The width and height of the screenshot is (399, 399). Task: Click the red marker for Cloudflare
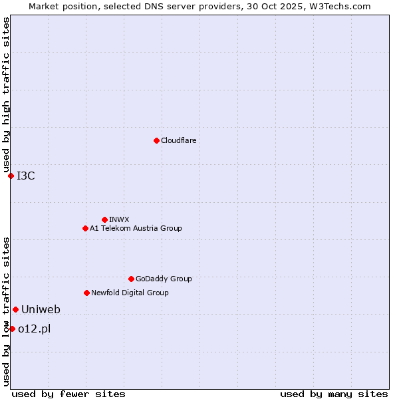(x=156, y=140)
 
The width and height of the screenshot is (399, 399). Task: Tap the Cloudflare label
(x=179, y=140)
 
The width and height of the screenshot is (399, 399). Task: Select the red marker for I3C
(x=11, y=176)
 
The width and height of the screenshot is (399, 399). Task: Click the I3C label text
(x=26, y=176)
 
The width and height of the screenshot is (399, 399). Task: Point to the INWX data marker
(x=104, y=219)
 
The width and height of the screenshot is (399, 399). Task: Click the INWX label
(x=119, y=219)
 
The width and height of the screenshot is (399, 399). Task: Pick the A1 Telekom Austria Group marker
(x=85, y=228)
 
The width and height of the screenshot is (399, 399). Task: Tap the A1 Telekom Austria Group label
(x=136, y=228)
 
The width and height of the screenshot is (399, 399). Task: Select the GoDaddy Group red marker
(x=131, y=279)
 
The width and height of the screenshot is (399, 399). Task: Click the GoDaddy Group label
(x=164, y=279)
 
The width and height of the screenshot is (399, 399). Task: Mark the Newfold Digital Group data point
(x=86, y=293)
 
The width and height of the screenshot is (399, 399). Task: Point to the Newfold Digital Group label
(x=130, y=293)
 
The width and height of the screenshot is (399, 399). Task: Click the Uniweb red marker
(x=15, y=309)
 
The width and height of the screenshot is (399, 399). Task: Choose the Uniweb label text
(x=41, y=309)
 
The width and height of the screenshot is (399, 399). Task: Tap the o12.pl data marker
(x=12, y=329)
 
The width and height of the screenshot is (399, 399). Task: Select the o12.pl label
(x=35, y=329)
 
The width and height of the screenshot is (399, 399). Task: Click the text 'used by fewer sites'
(x=68, y=394)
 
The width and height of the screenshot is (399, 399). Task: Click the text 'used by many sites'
(x=334, y=394)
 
